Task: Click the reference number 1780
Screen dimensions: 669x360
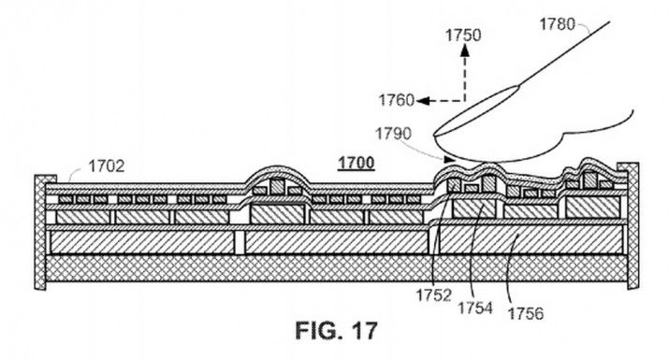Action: (x=557, y=24)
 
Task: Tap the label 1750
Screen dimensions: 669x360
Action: (x=463, y=35)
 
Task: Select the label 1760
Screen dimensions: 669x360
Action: (x=397, y=100)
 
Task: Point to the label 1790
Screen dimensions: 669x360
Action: (x=393, y=134)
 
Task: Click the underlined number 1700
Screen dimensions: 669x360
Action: (x=356, y=163)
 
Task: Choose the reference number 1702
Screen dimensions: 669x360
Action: (x=107, y=166)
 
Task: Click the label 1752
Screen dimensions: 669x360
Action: (x=433, y=295)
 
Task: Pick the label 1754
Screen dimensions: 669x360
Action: (x=475, y=307)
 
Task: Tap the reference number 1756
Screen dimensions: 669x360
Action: (x=526, y=313)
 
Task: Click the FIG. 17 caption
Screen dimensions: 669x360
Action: (x=336, y=331)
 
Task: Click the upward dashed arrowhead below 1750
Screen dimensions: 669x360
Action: (x=465, y=50)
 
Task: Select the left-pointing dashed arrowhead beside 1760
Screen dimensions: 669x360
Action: (x=423, y=101)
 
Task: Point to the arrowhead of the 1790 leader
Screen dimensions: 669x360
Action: (x=448, y=160)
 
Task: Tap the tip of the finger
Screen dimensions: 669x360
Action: (x=435, y=135)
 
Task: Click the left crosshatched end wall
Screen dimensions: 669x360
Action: (x=40, y=233)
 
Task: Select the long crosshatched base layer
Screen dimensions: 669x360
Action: (x=336, y=268)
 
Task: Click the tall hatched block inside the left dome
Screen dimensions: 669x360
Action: (x=277, y=185)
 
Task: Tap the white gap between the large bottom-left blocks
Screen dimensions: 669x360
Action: (x=240, y=242)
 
